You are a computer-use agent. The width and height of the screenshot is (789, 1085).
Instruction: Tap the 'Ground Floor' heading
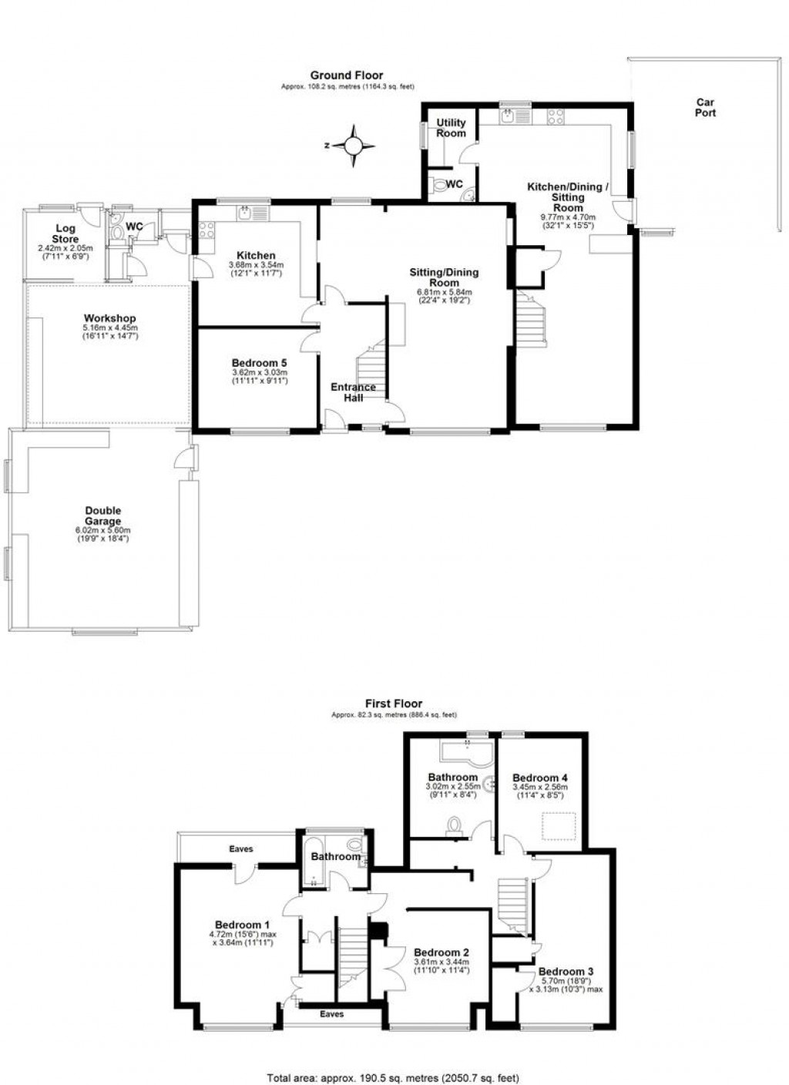point(346,76)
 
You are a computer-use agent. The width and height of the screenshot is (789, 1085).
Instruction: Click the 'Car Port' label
point(705,107)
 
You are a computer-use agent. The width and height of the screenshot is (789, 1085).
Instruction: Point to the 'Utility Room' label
point(451,128)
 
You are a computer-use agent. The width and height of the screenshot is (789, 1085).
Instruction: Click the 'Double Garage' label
point(102,516)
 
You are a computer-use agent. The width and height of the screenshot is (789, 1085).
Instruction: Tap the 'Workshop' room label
point(110,318)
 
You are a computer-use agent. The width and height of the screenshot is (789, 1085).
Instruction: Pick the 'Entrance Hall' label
point(354,392)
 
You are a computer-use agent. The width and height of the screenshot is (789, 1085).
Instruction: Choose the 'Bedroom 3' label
point(566,971)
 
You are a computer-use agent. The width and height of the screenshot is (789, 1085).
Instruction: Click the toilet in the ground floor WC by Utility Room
point(440,185)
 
